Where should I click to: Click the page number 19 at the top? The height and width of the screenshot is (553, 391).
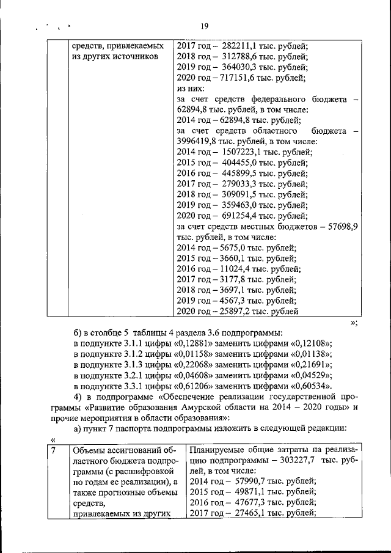click(204, 26)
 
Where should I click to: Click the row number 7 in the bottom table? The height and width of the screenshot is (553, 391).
click(54, 451)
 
